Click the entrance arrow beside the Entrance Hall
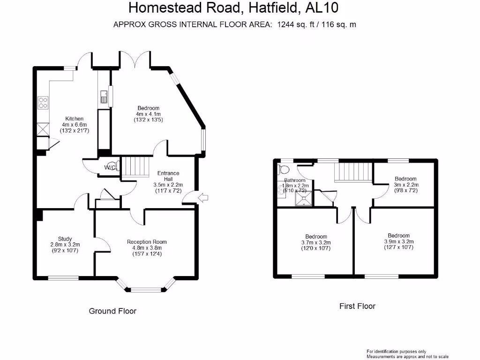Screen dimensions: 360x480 pos(203,198)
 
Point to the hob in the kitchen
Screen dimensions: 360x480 pos(43,102)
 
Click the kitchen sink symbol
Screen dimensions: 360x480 pos(103,97)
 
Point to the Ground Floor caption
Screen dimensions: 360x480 pos(112,311)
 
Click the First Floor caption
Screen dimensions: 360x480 pos(357,306)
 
